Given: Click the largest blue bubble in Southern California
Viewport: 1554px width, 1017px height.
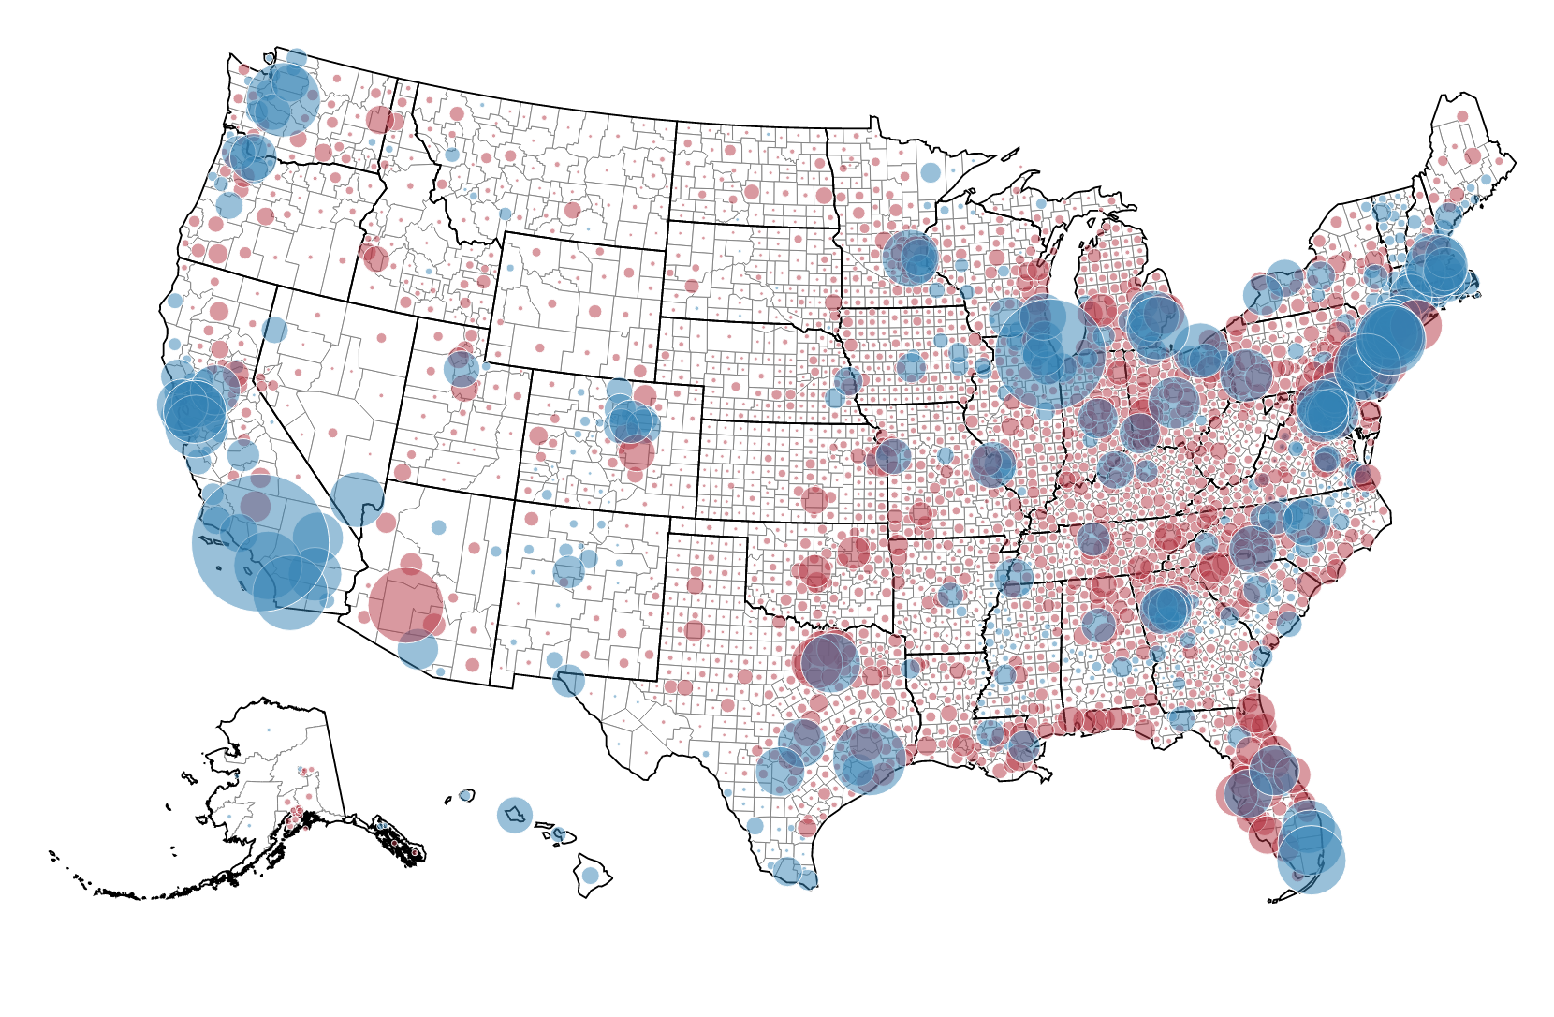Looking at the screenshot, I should tap(260, 542).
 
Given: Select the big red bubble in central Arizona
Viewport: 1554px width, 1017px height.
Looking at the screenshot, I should tap(405, 604).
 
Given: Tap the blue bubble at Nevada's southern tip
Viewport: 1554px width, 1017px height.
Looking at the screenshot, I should tap(357, 499).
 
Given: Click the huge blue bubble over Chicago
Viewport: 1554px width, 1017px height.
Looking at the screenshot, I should tap(1049, 353).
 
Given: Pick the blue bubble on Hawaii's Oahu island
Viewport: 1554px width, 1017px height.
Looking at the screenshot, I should tap(514, 815).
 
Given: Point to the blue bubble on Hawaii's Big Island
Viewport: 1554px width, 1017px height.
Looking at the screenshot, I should tap(590, 875).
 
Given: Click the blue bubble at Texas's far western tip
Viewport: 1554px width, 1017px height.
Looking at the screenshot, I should tap(568, 680).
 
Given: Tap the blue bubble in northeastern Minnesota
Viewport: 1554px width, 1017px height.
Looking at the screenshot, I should tap(930, 172).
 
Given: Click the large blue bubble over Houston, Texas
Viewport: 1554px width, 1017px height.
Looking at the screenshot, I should tap(869, 758).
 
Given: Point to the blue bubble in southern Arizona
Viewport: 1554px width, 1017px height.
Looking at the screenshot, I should tap(418, 648).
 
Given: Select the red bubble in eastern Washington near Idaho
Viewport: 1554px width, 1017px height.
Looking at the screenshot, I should tap(379, 119).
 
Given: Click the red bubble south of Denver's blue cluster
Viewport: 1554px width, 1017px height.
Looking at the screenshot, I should tap(637, 454).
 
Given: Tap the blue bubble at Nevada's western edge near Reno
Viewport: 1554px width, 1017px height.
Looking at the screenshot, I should tap(274, 330).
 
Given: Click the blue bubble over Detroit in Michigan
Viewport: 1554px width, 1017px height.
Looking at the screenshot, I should tap(1155, 322).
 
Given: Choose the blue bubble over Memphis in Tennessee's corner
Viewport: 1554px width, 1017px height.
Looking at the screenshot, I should tap(1014, 576).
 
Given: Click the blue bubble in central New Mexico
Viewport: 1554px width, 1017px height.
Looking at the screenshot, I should tap(568, 569).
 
